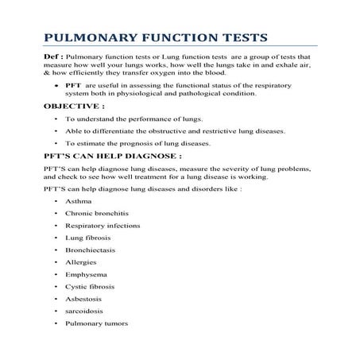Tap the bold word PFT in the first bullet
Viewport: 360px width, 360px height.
[x=73, y=83]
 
